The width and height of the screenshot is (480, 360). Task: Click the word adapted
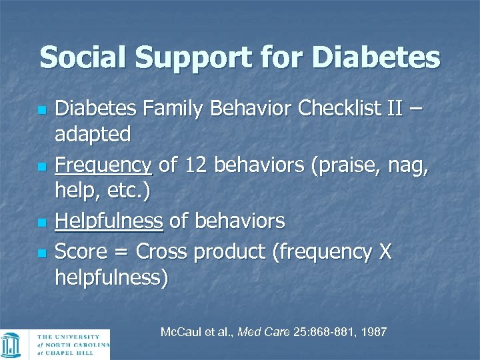tap(93, 135)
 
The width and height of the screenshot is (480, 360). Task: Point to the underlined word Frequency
tap(103, 164)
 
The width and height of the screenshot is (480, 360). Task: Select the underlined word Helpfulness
tap(109, 221)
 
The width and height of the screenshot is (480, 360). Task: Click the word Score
tap(82, 251)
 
